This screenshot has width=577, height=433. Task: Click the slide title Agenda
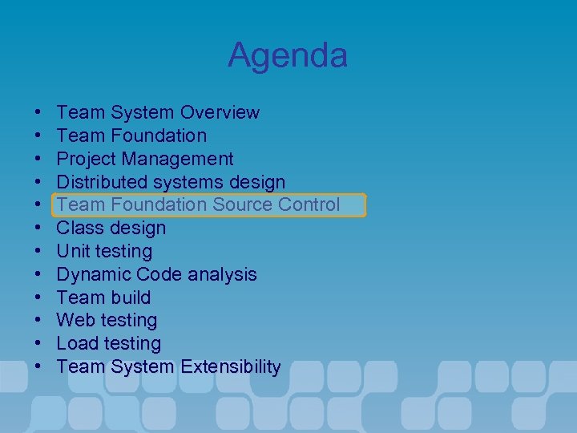click(288, 55)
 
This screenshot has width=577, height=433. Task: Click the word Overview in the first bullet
click(220, 112)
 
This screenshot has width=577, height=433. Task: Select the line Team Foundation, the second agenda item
click(131, 136)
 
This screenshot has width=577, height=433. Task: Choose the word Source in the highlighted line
click(243, 204)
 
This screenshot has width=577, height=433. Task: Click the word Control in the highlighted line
click(309, 204)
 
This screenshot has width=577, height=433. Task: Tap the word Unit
click(72, 251)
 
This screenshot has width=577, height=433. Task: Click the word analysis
click(222, 274)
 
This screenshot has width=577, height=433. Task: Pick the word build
click(131, 297)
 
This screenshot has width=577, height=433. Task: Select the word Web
click(75, 321)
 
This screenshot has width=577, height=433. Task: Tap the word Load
click(76, 344)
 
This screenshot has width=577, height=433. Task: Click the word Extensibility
click(230, 367)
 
